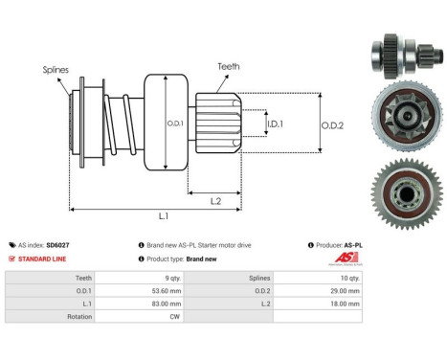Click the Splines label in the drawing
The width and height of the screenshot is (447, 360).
pos(56,69)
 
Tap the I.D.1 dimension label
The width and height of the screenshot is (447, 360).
pos(274,124)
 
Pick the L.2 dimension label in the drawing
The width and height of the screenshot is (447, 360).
pos(217,199)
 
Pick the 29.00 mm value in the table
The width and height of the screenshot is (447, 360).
pos(341,290)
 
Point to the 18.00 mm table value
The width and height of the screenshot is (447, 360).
pos(341,304)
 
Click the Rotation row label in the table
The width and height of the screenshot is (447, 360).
pos(78,317)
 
